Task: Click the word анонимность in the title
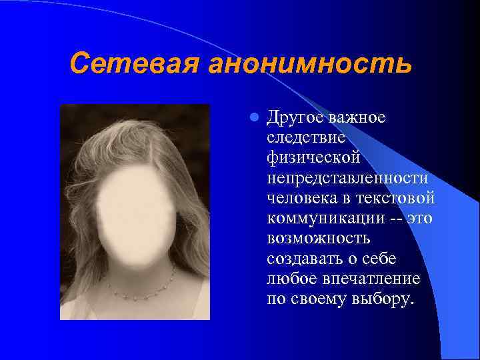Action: [309, 64]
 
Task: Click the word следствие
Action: [306, 139]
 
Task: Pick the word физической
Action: [313, 159]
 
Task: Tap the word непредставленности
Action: [347, 179]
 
